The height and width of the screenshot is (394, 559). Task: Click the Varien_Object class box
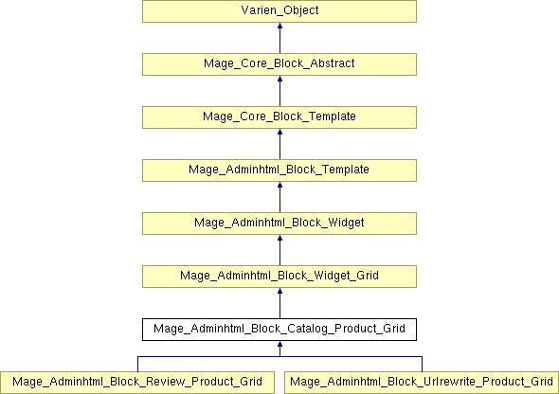279,11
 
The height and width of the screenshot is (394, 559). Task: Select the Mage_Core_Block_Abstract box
279,64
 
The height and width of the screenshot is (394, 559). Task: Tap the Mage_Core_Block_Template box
279,117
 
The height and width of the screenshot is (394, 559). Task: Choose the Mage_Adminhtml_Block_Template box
279,170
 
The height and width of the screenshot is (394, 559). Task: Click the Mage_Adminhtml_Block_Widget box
279,224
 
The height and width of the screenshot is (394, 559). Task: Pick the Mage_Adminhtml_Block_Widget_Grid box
279,277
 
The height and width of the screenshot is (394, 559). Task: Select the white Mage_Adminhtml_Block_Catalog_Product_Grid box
279,330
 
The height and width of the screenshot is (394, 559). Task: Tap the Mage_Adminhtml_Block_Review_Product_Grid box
137,383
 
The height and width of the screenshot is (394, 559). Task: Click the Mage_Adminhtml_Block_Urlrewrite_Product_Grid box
422,383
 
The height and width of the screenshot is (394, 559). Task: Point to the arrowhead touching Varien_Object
279,26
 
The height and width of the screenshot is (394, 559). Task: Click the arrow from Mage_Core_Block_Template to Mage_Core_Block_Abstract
279,91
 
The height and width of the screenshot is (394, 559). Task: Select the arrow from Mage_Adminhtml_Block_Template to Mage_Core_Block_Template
279,144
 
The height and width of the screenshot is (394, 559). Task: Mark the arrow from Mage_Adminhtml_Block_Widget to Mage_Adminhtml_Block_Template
279,197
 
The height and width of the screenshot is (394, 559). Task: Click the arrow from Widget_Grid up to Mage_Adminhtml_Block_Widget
279,250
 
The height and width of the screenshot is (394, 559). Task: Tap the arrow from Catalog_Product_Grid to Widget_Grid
279,303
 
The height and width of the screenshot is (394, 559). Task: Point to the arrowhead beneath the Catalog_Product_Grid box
279,344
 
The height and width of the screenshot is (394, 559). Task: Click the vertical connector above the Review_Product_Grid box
138,364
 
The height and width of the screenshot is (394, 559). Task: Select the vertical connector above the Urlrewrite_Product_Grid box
423,364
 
